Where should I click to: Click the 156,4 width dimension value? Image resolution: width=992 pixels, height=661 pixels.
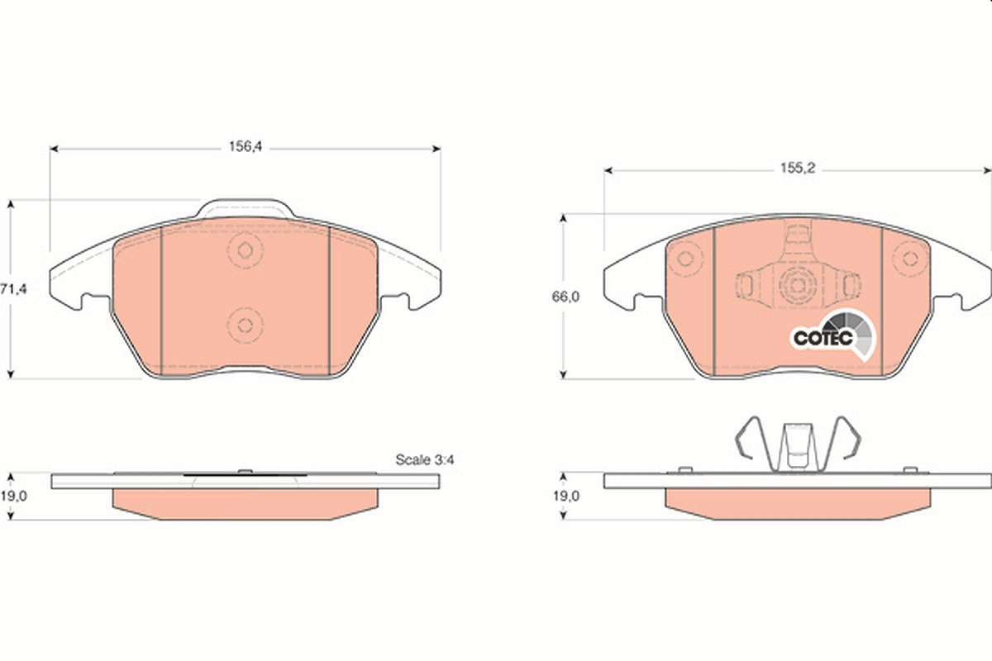[x=246, y=146]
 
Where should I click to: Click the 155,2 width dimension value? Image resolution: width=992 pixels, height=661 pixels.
[x=798, y=169]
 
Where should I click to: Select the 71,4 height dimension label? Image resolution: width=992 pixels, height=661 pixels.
[x=13, y=289]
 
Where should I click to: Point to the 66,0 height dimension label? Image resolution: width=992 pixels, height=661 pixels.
[x=565, y=297]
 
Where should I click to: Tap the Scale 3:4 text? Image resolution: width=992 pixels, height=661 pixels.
[x=425, y=459]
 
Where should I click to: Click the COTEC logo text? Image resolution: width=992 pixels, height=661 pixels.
[x=823, y=338]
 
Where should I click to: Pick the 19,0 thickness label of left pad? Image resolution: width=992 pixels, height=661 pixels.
[x=13, y=497]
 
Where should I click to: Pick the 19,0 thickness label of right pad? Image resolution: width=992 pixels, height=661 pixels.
[x=566, y=497]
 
